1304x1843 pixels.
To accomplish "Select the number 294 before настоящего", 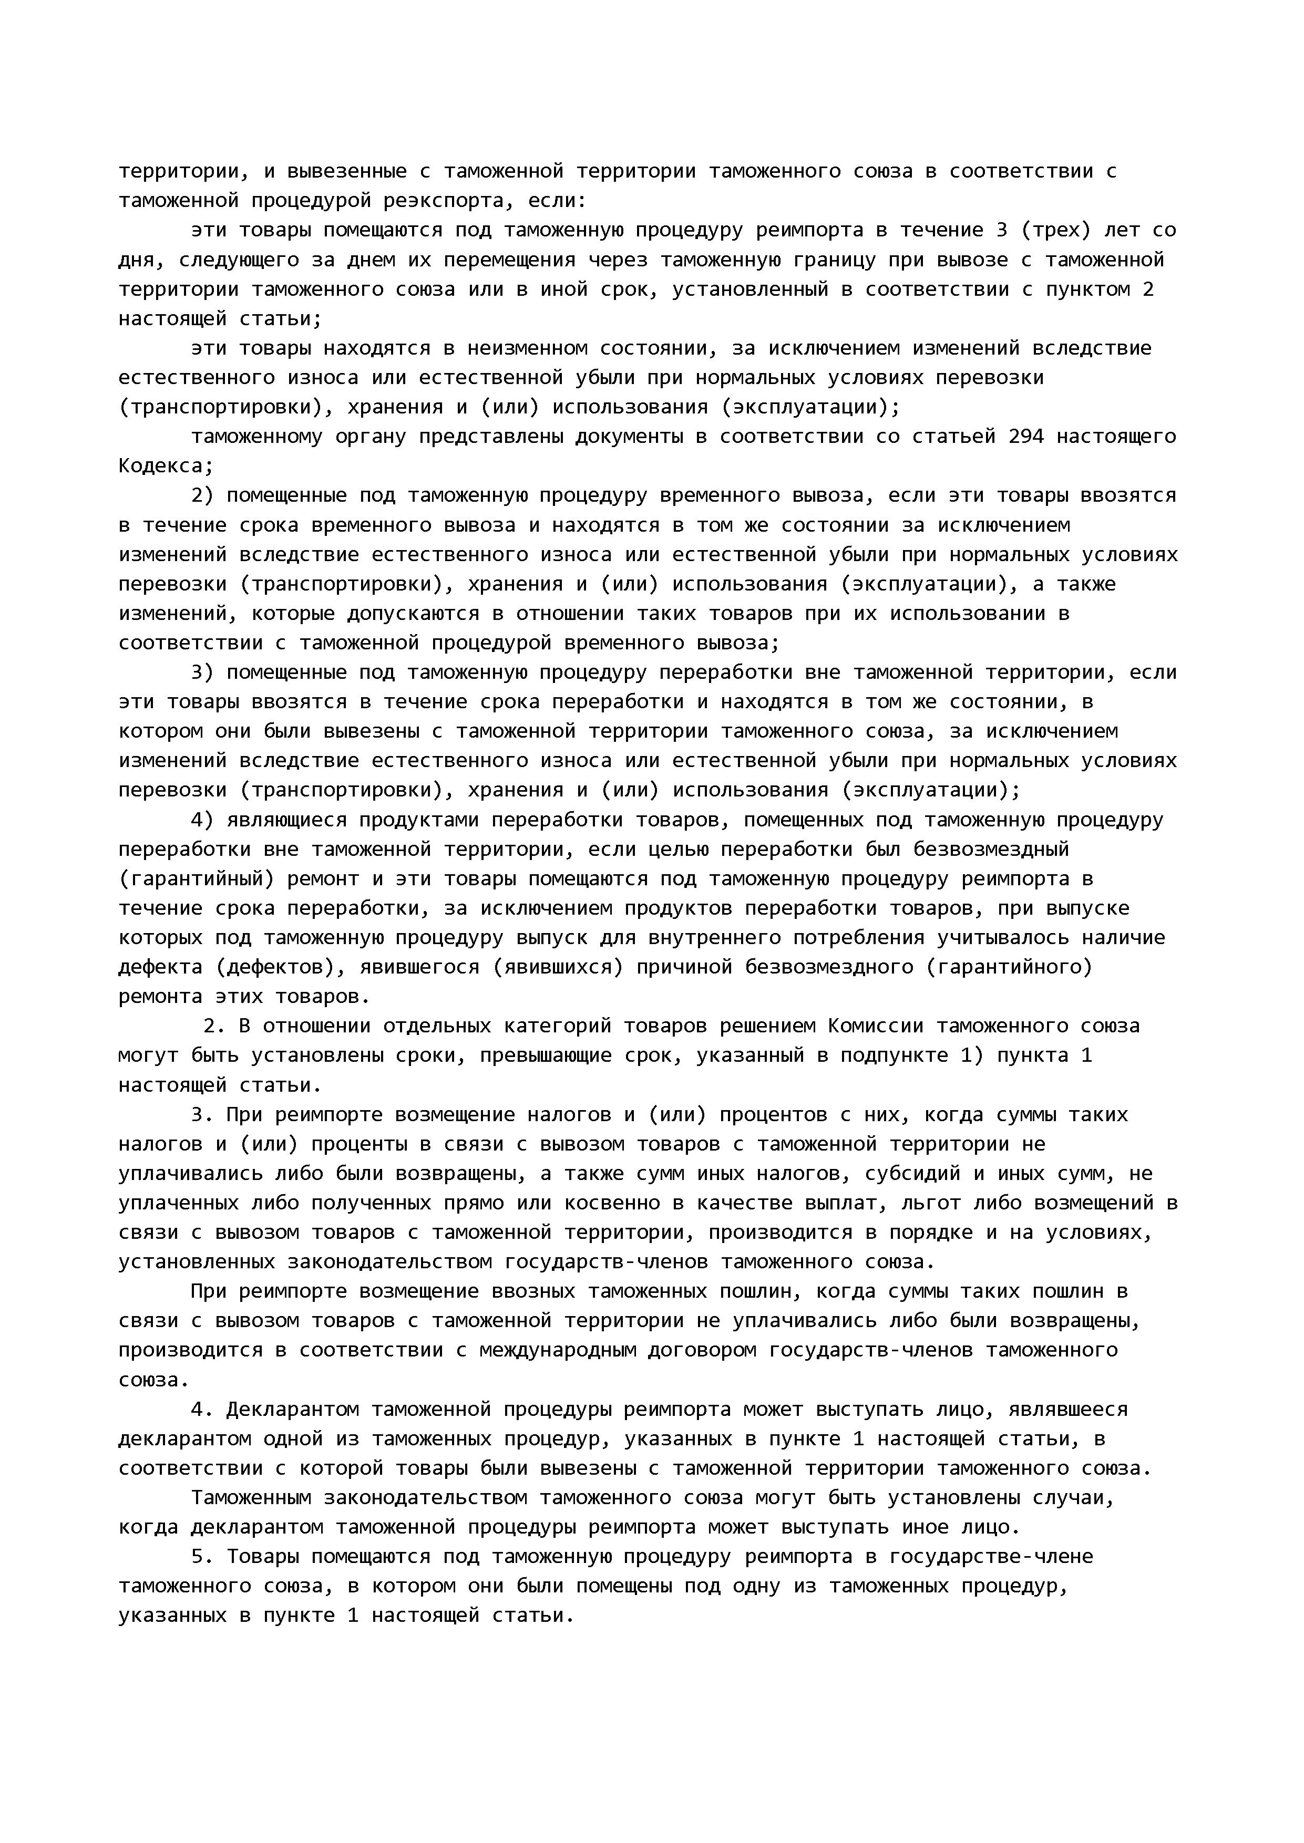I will pos(1025,437).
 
